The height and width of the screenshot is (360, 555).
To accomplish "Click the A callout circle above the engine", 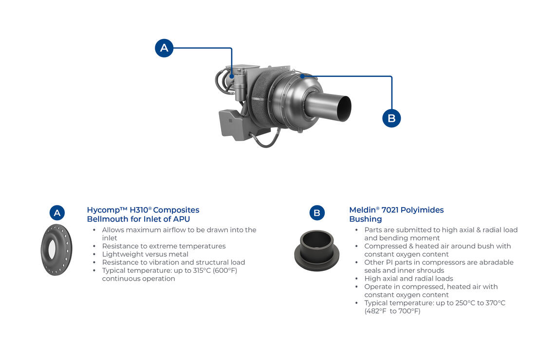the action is [x=164, y=48].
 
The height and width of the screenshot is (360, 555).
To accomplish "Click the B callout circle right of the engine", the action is [x=391, y=118].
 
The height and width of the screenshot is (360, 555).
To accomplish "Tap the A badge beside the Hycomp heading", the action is [x=57, y=212].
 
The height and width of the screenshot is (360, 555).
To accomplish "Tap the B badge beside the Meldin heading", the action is [x=317, y=212].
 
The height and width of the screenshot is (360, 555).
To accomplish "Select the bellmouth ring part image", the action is [x=56, y=249].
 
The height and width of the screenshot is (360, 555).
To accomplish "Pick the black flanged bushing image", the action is [x=317, y=250].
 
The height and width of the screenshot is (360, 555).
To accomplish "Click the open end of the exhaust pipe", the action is [x=343, y=109].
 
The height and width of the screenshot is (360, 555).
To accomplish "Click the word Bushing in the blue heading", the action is [x=366, y=219].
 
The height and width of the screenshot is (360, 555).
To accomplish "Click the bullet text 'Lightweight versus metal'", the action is [x=145, y=254].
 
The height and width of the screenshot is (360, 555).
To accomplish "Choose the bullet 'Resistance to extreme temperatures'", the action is [x=164, y=246].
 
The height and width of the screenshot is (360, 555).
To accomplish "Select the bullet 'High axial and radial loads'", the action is [x=409, y=279].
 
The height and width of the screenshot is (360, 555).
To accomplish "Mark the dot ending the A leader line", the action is [x=231, y=76].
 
